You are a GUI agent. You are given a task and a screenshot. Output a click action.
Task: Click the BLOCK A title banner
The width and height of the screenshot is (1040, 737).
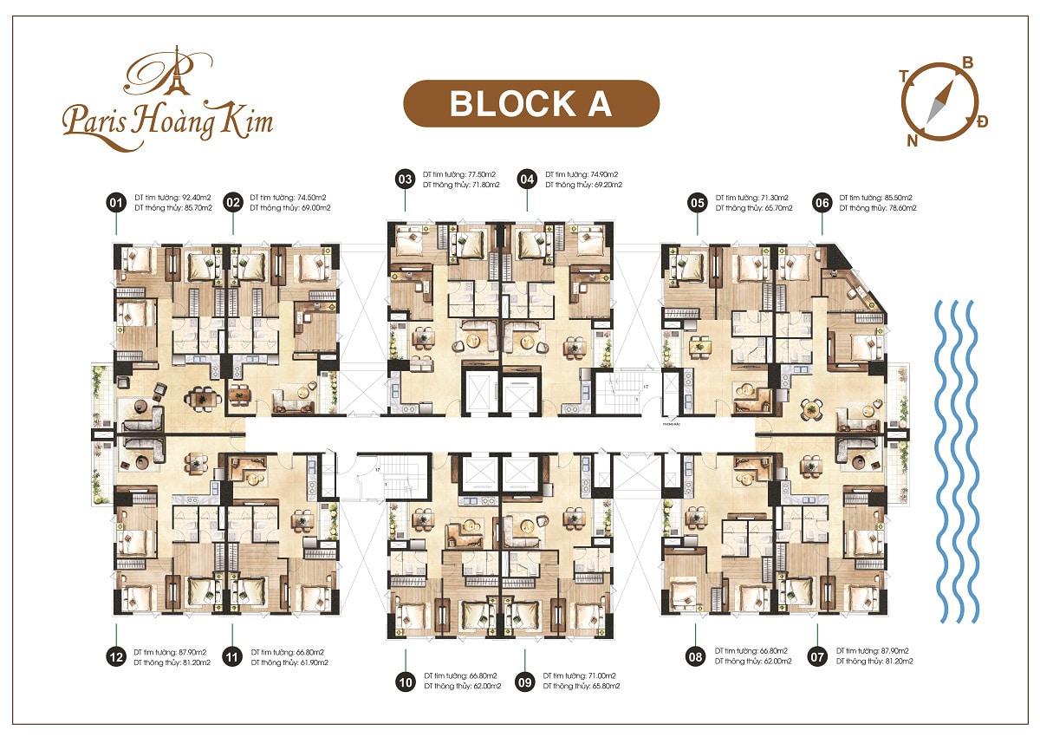click(x=531, y=103)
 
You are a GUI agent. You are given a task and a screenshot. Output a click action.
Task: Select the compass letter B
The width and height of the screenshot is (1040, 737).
click(x=968, y=62)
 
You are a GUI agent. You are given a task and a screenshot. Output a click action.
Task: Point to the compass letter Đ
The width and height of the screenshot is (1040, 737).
click(x=982, y=121)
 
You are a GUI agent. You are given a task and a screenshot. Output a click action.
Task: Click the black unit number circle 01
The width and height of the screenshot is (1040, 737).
click(x=114, y=203)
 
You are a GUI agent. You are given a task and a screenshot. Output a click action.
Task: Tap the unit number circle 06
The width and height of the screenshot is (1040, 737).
click(x=822, y=203)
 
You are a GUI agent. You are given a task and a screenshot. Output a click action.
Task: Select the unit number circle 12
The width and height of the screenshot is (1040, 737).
click(x=115, y=656)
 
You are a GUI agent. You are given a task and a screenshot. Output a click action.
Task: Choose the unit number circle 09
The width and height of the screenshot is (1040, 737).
click(x=524, y=681)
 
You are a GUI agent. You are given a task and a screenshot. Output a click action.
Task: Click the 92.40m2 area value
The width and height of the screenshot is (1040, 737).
click(x=190, y=198)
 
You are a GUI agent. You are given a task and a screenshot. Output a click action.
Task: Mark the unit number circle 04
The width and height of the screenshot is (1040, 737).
click(x=527, y=179)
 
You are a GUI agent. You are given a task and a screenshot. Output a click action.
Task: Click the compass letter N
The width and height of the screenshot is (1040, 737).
click(x=912, y=141)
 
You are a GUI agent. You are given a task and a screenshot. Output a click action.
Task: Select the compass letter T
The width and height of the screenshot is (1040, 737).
click(x=904, y=76)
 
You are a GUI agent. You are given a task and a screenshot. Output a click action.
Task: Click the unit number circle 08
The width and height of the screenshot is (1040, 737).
click(x=695, y=656)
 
